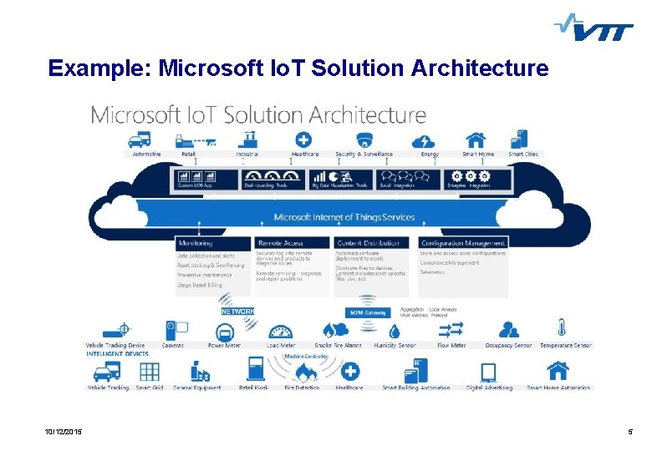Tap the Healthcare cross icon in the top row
tap(304, 139)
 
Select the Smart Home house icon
tap(476, 139)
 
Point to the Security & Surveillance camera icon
tap(364, 139)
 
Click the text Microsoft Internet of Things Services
tap(344, 218)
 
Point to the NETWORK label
tap(237, 311)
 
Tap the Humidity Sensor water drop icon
tap(395, 331)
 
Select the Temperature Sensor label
tap(565, 345)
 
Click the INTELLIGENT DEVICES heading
tap(117, 353)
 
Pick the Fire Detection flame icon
tap(302, 372)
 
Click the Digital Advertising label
tap(488, 388)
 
